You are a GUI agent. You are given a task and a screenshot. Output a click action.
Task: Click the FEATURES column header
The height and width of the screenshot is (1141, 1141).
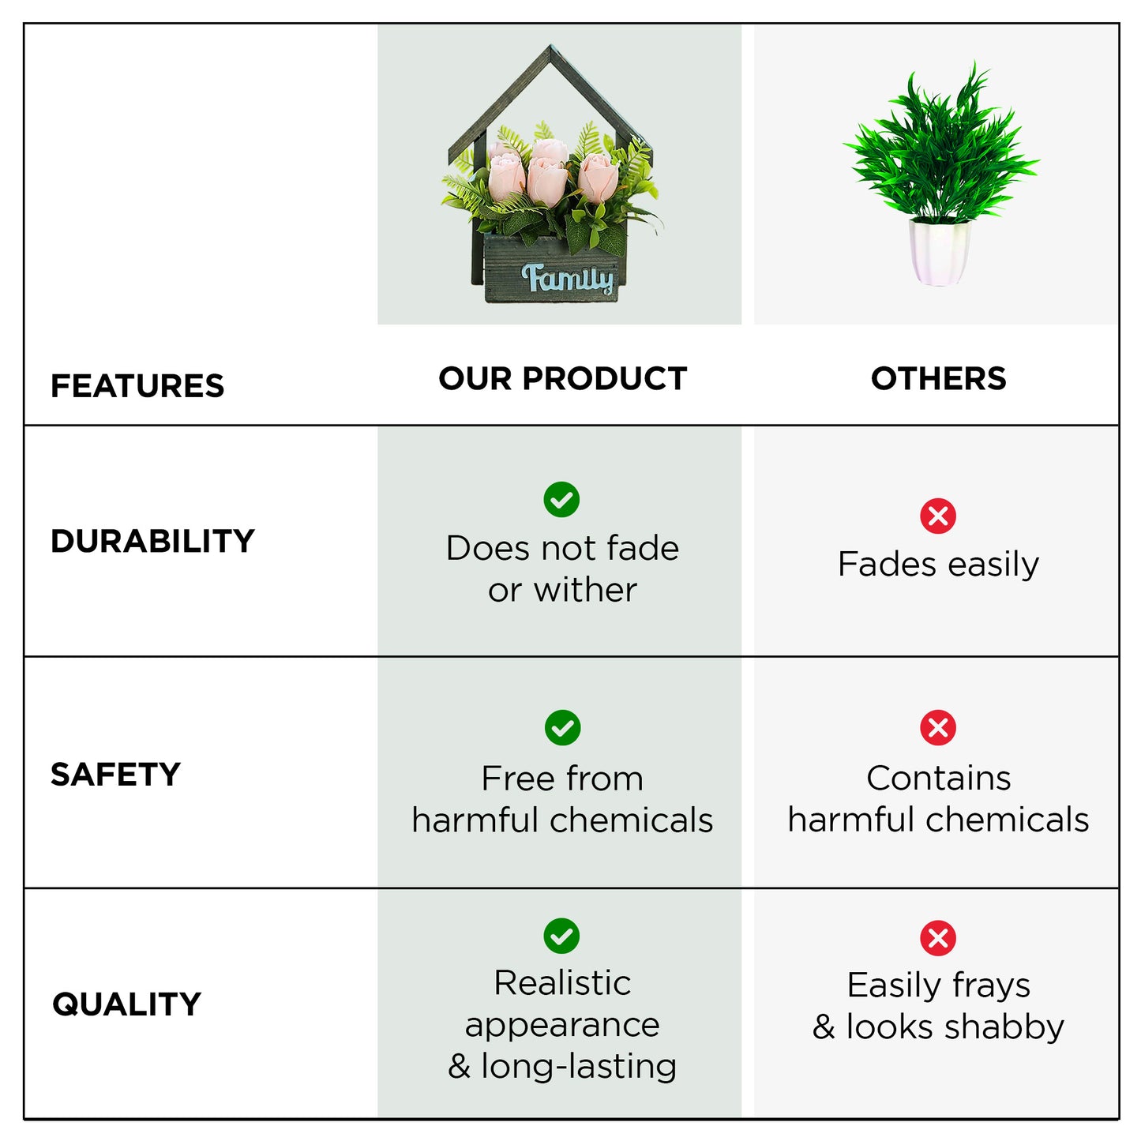[x=137, y=386]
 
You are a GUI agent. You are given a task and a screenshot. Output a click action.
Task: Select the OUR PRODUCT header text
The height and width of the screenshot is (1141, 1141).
[x=562, y=378]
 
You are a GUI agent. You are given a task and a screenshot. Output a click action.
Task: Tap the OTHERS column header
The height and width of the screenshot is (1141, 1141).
[x=938, y=378]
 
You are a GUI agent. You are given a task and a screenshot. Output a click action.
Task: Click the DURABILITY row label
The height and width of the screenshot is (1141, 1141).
[x=152, y=541]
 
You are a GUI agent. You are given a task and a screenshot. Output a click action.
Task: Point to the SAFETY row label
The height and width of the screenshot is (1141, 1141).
[x=115, y=774]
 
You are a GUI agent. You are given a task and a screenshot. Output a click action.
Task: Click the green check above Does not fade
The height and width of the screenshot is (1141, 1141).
[x=561, y=499]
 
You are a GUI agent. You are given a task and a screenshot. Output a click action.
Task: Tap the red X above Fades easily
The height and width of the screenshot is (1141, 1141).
[x=938, y=516]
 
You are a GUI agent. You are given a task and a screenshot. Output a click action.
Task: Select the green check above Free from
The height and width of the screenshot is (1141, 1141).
[x=562, y=727]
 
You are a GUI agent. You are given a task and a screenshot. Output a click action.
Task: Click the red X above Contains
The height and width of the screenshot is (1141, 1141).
[x=938, y=727]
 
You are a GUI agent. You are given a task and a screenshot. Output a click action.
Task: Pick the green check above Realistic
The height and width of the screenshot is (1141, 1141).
[x=561, y=936]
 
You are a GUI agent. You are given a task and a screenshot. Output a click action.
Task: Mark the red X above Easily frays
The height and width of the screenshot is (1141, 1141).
[x=938, y=938]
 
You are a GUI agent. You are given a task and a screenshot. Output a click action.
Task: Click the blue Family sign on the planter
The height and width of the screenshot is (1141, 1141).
[x=567, y=279]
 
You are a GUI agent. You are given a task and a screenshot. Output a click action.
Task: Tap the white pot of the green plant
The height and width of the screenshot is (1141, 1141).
[x=940, y=252]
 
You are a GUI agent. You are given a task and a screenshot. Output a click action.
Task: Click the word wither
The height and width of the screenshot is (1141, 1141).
[x=585, y=590]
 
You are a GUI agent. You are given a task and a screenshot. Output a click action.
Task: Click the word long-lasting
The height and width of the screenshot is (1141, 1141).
[x=579, y=1067]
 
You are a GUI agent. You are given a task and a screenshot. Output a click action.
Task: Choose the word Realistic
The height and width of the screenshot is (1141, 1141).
[x=562, y=983]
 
